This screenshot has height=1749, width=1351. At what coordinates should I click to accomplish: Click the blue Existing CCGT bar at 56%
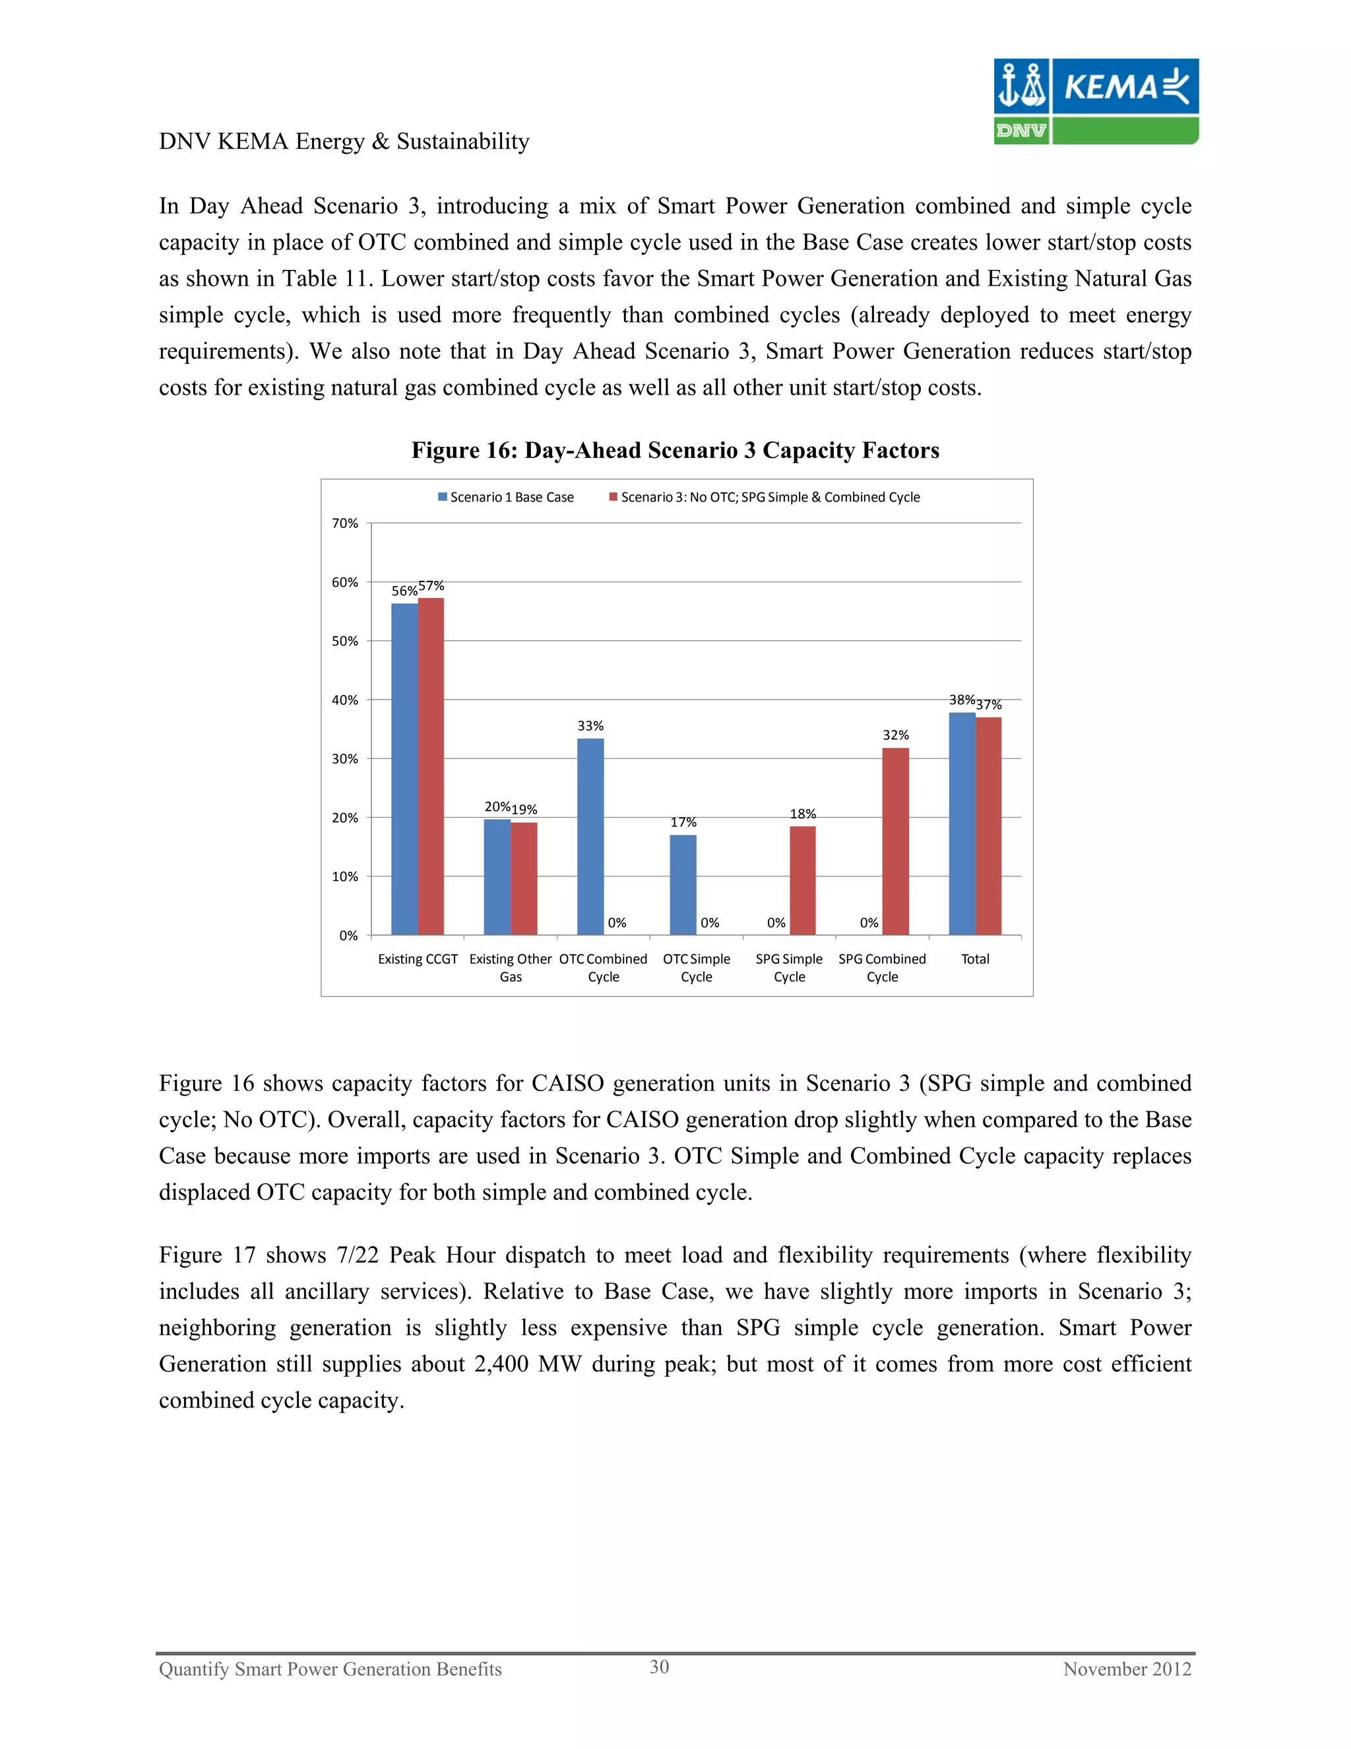point(404,769)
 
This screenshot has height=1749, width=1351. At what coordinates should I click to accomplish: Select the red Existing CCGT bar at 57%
point(431,766)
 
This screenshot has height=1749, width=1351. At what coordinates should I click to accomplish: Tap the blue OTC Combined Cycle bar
point(590,836)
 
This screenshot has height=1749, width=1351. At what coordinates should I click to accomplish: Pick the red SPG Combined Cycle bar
point(896,841)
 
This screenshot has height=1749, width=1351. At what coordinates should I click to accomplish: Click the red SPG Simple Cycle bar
point(803,880)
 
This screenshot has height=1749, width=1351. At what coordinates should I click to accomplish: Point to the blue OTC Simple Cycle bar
point(683,884)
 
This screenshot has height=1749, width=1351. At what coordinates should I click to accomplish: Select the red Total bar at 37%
point(988,826)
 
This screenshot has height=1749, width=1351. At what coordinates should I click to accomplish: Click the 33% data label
point(590,725)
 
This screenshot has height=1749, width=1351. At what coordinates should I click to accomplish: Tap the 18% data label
point(803,814)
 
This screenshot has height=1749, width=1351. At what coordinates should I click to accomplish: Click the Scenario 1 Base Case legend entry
point(506,498)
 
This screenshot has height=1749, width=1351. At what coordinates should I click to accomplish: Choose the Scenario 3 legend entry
point(765,498)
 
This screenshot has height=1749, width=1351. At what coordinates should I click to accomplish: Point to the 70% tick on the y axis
point(345,523)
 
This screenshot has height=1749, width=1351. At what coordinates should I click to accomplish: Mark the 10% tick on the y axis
point(345,876)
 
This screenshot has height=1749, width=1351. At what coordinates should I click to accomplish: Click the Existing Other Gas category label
point(511,968)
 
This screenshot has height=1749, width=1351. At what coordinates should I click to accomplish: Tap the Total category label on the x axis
point(975,958)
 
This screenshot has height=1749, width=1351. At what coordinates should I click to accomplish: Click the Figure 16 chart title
point(675,450)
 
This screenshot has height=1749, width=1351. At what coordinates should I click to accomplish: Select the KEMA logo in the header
point(1096,101)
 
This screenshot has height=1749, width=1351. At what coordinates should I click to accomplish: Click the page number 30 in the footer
point(659,1666)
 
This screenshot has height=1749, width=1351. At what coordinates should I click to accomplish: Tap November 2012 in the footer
point(1127,1669)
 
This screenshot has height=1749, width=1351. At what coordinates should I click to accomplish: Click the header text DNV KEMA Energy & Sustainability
point(344,142)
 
